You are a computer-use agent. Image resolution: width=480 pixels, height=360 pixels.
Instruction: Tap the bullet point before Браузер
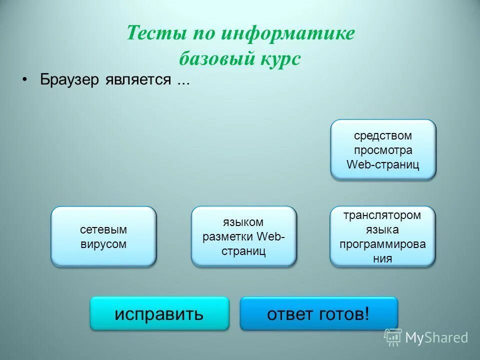[x=23, y=80]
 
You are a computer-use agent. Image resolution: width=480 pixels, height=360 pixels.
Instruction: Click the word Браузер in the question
[x=71, y=80]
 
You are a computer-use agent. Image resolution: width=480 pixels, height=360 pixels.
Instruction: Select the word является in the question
[x=138, y=80]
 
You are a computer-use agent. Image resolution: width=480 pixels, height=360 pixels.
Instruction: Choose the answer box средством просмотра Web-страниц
[x=383, y=149]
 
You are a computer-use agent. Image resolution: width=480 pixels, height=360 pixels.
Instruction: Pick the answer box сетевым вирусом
[x=103, y=236]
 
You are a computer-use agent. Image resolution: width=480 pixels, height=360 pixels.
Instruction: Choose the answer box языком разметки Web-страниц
[x=243, y=236]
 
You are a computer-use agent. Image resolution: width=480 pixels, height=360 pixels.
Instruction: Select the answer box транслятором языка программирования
[x=382, y=236]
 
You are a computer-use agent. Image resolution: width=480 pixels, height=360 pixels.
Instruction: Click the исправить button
[x=159, y=313]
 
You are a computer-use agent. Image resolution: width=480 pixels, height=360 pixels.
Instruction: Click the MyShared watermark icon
[x=393, y=337]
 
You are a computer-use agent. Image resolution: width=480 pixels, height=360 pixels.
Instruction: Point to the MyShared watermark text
[x=436, y=337]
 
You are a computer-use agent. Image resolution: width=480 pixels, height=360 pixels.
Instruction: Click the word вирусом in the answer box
[x=103, y=244]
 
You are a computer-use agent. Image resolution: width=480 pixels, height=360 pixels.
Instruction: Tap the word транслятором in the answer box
[x=382, y=215]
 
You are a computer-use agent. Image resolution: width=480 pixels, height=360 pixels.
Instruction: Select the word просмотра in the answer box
[x=383, y=150]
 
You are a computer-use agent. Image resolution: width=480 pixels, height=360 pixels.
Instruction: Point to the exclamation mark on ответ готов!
[x=367, y=313]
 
